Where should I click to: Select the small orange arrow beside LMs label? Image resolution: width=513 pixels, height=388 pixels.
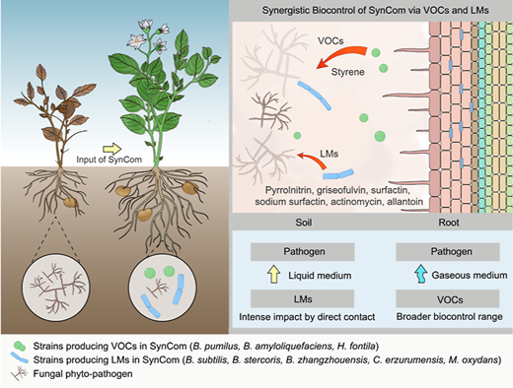point(311,160)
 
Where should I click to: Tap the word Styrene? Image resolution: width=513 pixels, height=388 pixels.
point(347,72)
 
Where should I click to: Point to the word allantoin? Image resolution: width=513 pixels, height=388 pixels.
point(405,201)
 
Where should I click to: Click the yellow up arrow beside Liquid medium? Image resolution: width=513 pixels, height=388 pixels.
point(273,275)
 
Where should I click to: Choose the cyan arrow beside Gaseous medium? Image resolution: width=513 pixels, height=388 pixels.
point(420,274)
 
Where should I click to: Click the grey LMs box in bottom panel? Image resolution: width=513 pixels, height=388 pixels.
point(303,298)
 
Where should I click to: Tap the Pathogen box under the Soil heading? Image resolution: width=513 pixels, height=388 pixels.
point(303,252)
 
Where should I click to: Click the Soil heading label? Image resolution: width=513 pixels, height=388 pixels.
point(304,223)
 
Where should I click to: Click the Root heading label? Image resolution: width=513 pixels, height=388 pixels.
point(449,223)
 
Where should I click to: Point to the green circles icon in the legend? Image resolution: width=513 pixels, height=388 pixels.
point(19,346)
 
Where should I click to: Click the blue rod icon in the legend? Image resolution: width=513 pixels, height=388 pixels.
point(19,357)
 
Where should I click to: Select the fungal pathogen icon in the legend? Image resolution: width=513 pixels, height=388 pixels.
point(19,373)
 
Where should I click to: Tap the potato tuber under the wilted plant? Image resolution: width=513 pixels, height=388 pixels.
point(70,203)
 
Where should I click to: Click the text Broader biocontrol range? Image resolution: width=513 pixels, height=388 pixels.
point(449,317)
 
